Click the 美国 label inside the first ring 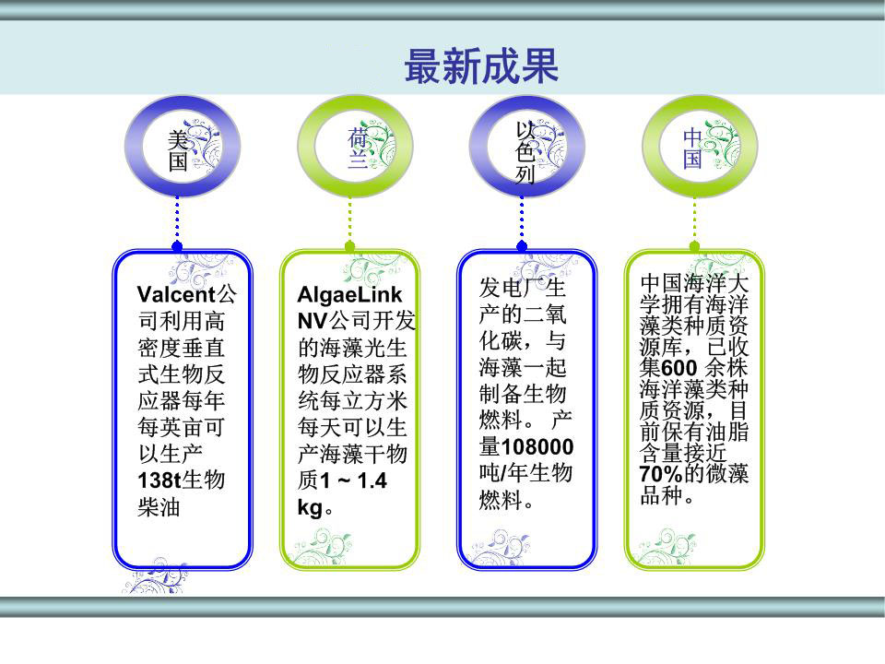tap(178, 151)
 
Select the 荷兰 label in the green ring tap(358, 148)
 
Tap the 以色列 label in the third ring tap(525, 151)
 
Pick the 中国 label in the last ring tap(693, 148)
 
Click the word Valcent tap(176, 294)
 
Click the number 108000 tap(537, 447)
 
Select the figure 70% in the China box tap(660, 474)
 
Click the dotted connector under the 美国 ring tap(177, 222)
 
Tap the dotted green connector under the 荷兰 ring tap(349, 222)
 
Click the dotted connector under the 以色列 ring tap(522, 222)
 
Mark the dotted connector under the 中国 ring tap(694, 222)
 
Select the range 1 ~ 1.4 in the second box tap(353, 481)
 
